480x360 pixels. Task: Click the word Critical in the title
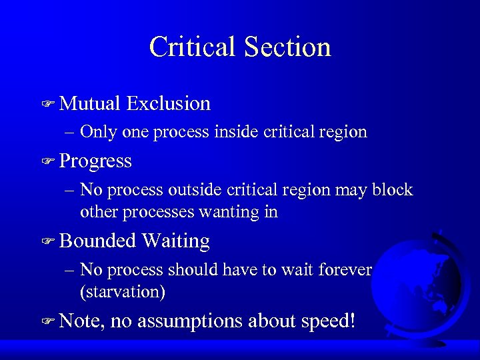pyautogui.click(x=193, y=47)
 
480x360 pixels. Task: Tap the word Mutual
pyautogui.click(x=89, y=103)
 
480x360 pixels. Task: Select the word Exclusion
pyautogui.click(x=168, y=103)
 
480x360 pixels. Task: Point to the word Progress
pyautogui.click(x=95, y=161)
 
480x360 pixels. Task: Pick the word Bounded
pyautogui.click(x=97, y=241)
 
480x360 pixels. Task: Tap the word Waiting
pyautogui.click(x=175, y=241)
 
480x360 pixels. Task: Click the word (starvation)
pyautogui.click(x=123, y=292)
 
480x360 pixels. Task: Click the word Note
pyautogui.click(x=81, y=321)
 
